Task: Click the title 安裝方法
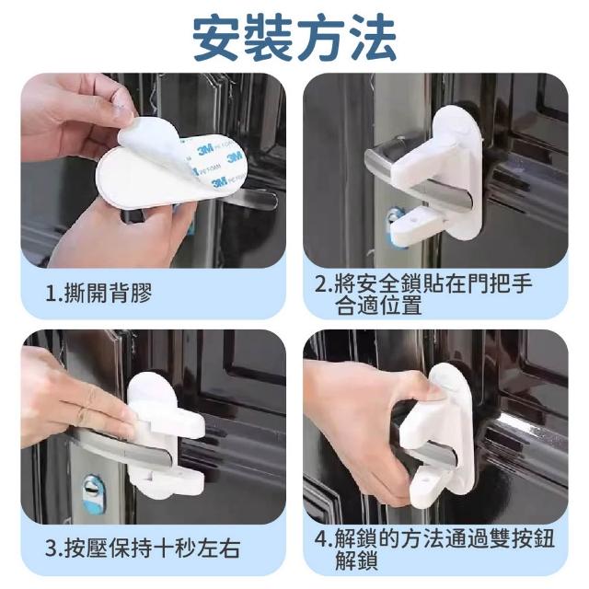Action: click(294, 38)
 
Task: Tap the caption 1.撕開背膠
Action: click(98, 293)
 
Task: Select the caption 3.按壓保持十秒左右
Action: click(143, 549)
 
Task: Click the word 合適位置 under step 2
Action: click(378, 306)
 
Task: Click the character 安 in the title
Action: click(217, 38)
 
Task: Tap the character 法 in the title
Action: click(373, 38)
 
